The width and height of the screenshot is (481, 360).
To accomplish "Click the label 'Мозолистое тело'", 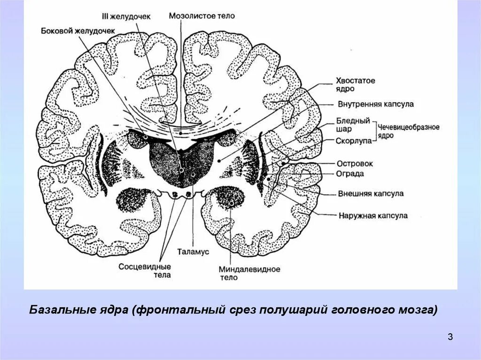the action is coord(202,15).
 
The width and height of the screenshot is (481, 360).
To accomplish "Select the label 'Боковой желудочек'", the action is coord(78,31).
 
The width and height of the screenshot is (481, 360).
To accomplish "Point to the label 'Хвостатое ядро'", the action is coord(356,84).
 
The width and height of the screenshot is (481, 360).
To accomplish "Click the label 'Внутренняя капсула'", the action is coord(375,104).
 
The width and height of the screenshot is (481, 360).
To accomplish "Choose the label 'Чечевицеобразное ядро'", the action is coord(409,131).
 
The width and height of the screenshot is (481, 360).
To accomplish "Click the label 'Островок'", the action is coord(355,163).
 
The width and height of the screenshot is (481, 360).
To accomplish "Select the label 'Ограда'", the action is coord(350,174).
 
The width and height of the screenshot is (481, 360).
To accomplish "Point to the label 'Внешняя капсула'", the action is coord(371,193).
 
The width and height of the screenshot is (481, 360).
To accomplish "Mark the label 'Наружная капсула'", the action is coord(373,216).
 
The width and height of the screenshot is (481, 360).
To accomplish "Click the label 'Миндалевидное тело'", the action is coord(249,273).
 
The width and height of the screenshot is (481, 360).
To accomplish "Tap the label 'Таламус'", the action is coord(193,252).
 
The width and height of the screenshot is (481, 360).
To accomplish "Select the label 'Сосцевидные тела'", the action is coord(144,270).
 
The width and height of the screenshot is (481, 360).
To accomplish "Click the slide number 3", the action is coord(450,337).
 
